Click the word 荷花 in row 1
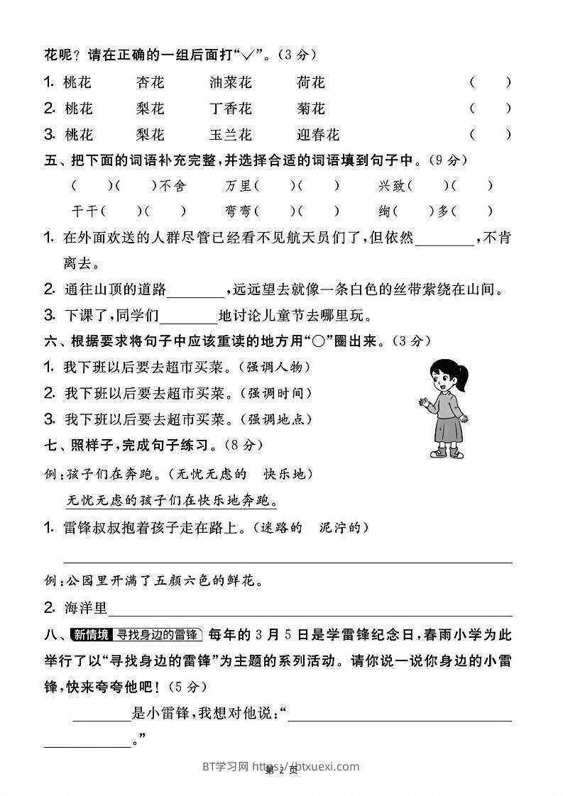[x=311, y=82]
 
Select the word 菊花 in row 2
[x=311, y=109]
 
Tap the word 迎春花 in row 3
[x=318, y=135]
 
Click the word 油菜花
[x=231, y=82]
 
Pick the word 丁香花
[x=231, y=109]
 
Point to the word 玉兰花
[x=231, y=135]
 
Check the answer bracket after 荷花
[x=490, y=82]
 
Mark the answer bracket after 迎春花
[x=490, y=135]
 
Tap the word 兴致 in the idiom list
[x=392, y=187]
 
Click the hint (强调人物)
[x=275, y=367]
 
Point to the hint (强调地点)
[x=276, y=419]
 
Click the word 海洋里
[x=85, y=608]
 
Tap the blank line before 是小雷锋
[x=102, y=717]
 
